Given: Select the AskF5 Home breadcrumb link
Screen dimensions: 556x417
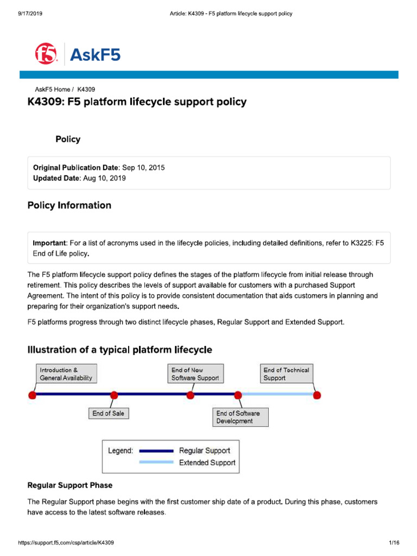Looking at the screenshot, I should click(52, 89).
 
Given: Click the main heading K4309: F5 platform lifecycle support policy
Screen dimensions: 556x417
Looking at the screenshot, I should click(137, 102).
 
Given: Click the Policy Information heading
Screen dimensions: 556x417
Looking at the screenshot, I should click(69, 205).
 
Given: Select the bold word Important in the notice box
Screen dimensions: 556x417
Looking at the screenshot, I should click(49, 243).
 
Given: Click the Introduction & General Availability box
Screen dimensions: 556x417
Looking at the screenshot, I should click(66, 374).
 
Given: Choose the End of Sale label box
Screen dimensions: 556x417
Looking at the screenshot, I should click(108, 413).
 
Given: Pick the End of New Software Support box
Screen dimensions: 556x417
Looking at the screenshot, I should click(195, 374).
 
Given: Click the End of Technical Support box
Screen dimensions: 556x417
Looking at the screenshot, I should click(286, 374).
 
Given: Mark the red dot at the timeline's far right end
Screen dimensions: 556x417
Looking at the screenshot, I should click(317, 395).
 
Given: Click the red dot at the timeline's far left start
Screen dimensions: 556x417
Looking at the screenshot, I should click(32, 395).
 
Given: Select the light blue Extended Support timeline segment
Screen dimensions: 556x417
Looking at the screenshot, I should click(277, 394).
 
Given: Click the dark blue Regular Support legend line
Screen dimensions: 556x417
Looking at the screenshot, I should click(156, 451).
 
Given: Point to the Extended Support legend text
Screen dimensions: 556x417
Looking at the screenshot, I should click(207, 463).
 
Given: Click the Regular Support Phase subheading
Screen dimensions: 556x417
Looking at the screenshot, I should click(70, 485).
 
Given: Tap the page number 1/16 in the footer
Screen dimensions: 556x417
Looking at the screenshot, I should click(394, 543).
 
